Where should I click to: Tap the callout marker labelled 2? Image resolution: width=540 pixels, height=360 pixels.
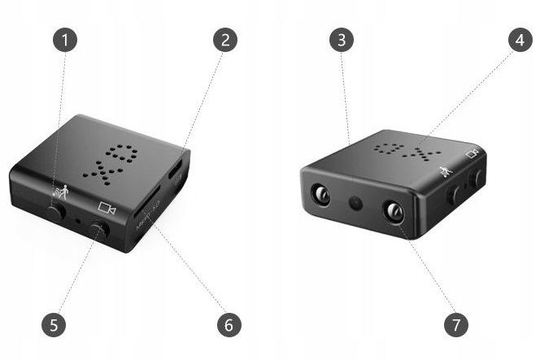click(x=225, y=40)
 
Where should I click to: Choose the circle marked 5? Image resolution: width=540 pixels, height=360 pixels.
click(x=53, y=325)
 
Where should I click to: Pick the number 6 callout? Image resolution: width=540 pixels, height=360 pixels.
click(x=229, y=325)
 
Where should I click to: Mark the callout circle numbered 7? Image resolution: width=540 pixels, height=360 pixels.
click(x=456, y=325)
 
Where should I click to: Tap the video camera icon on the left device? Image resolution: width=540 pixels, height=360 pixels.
click(x=107, y=208)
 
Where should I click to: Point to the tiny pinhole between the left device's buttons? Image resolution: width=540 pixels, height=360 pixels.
click(x=78, y=220)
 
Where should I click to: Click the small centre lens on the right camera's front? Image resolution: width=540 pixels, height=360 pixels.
click(x=355, y=202)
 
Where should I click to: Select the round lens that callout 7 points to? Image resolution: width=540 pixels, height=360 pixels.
click(x=394, y=212)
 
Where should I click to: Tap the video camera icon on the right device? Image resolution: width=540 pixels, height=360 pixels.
click(x=472, y=153)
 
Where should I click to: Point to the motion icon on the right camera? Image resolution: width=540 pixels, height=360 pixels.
click(x=445, y=171)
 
